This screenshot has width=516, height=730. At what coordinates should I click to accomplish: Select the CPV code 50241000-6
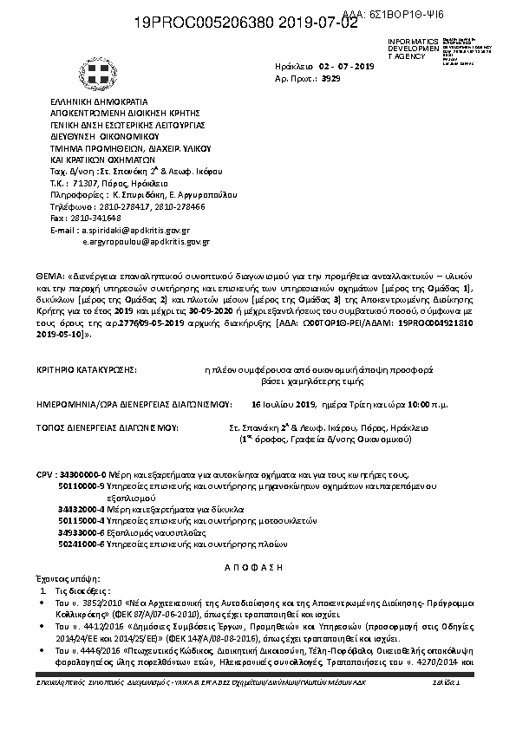click(x=82, y=544)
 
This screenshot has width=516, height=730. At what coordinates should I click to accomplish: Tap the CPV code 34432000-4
click(x=82, y=510)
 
